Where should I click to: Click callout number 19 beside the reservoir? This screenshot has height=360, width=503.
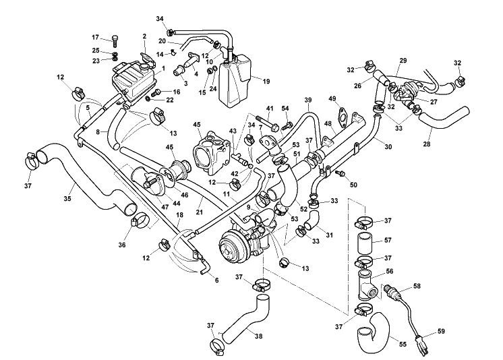(x=266, y=82)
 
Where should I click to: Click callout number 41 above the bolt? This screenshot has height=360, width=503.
(x=269, y=109)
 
